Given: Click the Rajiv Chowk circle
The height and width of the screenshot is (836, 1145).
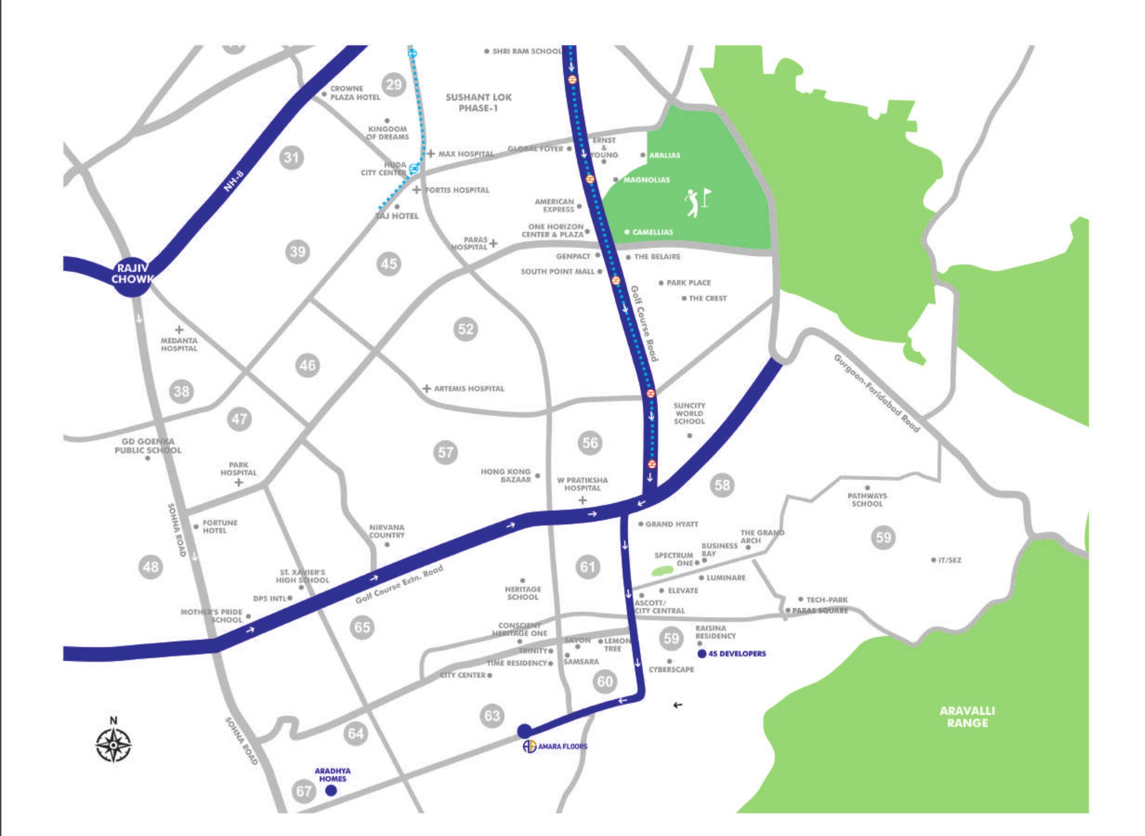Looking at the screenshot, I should [132, 274].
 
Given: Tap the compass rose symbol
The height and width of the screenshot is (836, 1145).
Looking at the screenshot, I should [113, 745].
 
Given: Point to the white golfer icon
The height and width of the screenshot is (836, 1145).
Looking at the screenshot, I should [692, 203].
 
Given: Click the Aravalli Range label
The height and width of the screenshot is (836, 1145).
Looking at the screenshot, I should [967, 717].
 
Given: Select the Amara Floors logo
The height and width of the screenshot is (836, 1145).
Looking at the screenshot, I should [529, 746].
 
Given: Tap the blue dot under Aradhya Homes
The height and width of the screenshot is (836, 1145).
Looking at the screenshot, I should [331, 790].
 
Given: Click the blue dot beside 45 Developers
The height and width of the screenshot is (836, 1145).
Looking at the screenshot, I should [702, 654].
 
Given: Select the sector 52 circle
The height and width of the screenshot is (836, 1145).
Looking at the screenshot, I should [465, 329].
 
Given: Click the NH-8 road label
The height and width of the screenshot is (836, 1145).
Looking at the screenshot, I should [234, 181].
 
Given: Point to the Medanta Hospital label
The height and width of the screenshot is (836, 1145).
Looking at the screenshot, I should [179, 345].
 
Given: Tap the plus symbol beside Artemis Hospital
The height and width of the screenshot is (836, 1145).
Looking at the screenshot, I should [427, 389].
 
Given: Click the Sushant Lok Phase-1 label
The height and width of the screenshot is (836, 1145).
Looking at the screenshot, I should [478, 102].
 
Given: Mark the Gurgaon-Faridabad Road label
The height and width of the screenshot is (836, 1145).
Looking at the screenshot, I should [876, 393].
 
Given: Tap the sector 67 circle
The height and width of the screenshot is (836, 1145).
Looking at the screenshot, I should [304, 790].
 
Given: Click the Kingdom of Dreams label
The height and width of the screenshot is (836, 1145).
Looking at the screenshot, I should [388, 133].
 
